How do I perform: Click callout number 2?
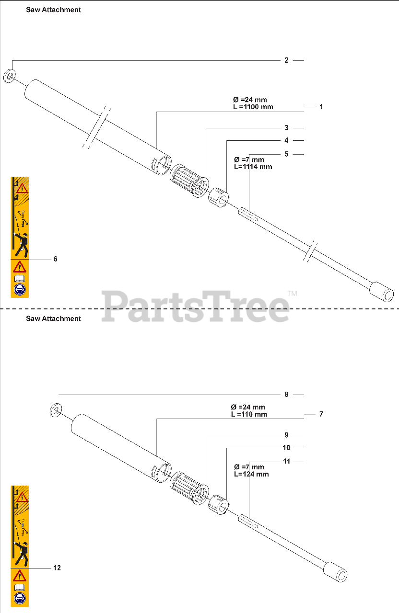tap(286, 60)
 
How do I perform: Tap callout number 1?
tap(321, 107)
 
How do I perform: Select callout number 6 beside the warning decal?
tap(55, 259)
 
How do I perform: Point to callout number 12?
tap(57, 568)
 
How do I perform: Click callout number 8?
tap(286, 395)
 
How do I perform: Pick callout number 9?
tap(286, 435)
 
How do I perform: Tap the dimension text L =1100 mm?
tap(253, 107)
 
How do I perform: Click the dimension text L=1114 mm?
tap(253, 167)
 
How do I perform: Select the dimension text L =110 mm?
tap(249, 414)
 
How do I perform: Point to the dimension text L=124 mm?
tap(251, 474)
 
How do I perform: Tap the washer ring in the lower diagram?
tap(56, 410)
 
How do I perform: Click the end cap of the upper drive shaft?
tap(384, 292)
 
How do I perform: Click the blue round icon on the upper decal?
tap(20, 289)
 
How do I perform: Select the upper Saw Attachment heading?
tap(53, 10)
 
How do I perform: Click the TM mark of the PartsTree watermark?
tap(292, 293)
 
